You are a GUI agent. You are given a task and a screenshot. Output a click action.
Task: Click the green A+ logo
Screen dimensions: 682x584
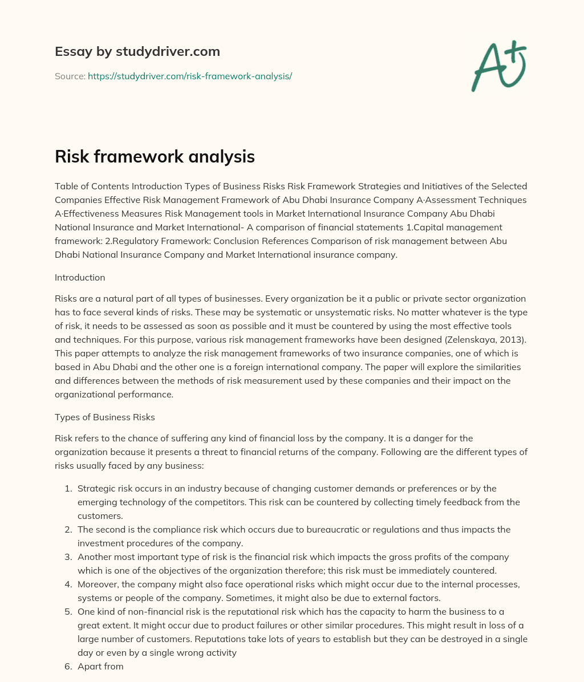498,65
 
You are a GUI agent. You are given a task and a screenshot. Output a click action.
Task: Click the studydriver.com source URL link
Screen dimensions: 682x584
189,76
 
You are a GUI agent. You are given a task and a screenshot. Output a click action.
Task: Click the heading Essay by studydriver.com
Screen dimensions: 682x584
137,51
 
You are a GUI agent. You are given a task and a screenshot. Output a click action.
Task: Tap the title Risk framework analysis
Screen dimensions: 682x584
155,157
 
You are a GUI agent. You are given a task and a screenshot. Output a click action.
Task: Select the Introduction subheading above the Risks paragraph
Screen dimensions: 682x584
80,278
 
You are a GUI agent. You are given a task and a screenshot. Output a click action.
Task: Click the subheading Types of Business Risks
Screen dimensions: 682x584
104,417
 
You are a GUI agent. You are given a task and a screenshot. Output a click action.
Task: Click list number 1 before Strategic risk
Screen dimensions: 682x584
68,489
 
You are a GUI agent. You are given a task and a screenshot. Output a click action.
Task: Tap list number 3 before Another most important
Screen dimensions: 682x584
68,557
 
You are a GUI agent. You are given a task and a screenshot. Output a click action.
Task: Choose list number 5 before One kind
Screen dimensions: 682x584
68,612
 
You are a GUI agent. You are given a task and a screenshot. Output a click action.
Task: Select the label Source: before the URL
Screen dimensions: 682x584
70,76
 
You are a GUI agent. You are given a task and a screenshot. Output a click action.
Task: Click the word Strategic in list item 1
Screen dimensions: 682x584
96,489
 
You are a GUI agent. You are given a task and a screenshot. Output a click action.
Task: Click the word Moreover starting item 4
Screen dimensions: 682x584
98,584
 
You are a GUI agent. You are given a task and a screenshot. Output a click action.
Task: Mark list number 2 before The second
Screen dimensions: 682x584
68,530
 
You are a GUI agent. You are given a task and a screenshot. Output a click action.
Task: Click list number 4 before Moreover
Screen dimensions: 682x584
68,584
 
